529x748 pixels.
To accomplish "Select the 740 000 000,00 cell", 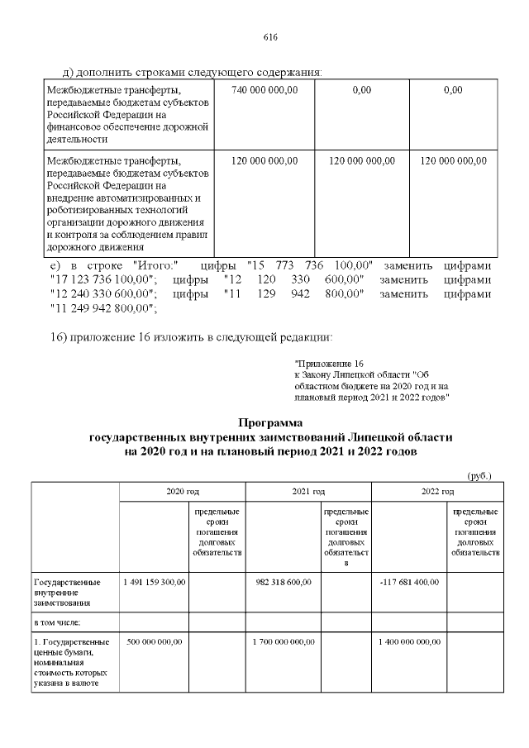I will pos(264,89).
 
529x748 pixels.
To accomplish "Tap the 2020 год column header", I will pos(182,492).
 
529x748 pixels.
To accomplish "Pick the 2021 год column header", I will pos(308,492).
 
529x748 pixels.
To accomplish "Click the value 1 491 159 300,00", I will pos(155,582).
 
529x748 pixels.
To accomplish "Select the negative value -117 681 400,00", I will pos(410,582).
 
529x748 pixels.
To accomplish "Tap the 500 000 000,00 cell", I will pos(155,641).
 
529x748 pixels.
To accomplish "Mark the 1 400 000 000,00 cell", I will pos(409,641).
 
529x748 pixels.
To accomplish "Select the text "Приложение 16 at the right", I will pos(329,364).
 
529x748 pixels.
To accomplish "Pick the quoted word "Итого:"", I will pos(155,265).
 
